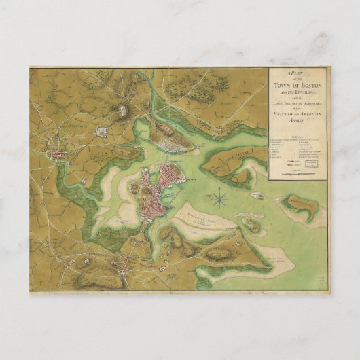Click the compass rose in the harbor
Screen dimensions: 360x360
pyautogui.click(x=220, y=198)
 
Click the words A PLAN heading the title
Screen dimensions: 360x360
pyautogui.click(x=298, y=73)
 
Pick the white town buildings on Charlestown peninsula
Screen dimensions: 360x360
pyautogui.click(x=166, y=142)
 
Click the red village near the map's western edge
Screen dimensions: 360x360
pyautogui.click(x=59, y=157)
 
